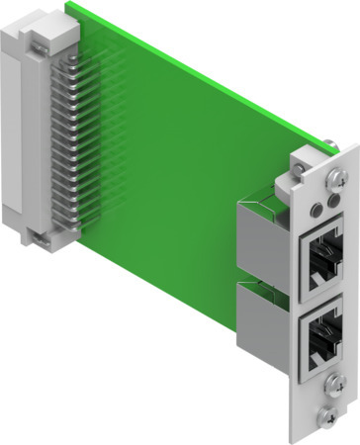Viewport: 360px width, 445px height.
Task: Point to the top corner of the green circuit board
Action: coord(69,3)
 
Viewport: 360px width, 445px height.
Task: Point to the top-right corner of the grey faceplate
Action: coord(353,144)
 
